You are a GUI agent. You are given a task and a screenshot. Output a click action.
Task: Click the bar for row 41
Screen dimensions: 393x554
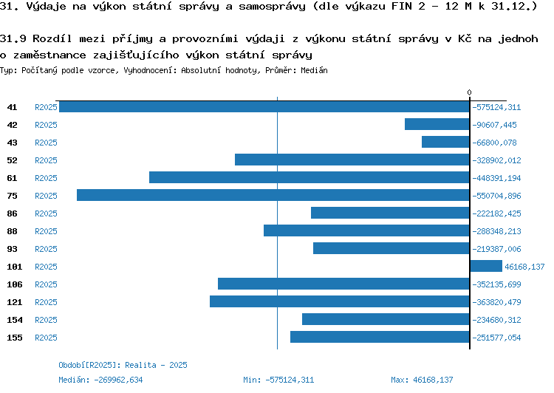tap(264, 106)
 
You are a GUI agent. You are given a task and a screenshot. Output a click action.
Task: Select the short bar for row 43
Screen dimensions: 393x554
tap(445, 142)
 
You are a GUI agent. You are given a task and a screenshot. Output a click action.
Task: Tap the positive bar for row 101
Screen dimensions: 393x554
tap(486, 266)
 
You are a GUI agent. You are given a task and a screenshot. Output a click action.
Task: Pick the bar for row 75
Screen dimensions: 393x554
tap(273, 195)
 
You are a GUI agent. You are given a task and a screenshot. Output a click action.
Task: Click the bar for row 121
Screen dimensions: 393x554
tap(340, 301)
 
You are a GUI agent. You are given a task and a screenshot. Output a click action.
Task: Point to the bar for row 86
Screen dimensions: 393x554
tap(390, 213)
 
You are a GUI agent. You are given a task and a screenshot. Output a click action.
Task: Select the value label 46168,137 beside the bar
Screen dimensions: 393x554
tap(524, 267)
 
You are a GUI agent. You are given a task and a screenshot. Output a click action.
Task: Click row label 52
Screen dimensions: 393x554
tap(12, 160)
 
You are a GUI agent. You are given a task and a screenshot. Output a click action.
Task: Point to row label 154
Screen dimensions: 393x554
tap(14, 320)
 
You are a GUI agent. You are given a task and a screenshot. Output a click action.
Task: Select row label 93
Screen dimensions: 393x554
tap(12, 249)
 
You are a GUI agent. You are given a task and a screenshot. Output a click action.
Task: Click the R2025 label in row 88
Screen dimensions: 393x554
tap(46, 231)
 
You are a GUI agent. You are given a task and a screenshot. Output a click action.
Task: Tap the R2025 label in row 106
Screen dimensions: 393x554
tap(46, 284)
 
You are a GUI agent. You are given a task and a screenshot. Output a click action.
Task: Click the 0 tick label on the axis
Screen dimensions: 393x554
tap(469, 92)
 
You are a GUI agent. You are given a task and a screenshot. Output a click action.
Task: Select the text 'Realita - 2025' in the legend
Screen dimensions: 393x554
tap(157, 365)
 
